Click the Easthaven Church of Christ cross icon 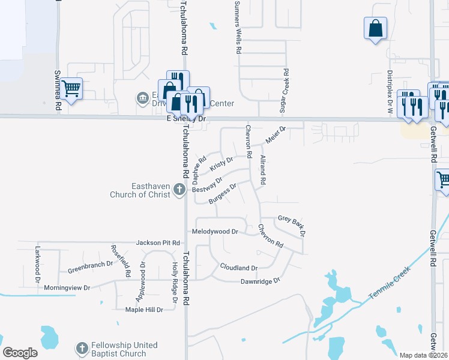pyautogui.click(x=179, y=190)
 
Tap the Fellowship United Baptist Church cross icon pyautogui.click(x=82, y=349)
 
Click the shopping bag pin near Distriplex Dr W pyautogui.click(x=375, y=28)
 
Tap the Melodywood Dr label pyautogui.click(x=215, y=231)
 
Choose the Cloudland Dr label pyautogui.click(x=238, y=267)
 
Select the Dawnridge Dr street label pyautogui.click(x=261, y=281)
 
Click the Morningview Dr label pyautogui.click(x=67, y=288)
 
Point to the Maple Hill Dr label pyautogui.click(x=144, y=310)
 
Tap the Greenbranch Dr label pyautogui.click(x=90, y=265)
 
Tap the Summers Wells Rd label pyautogui.click(x=238, y=27)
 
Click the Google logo pyautogui.click(x=20, y=353)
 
